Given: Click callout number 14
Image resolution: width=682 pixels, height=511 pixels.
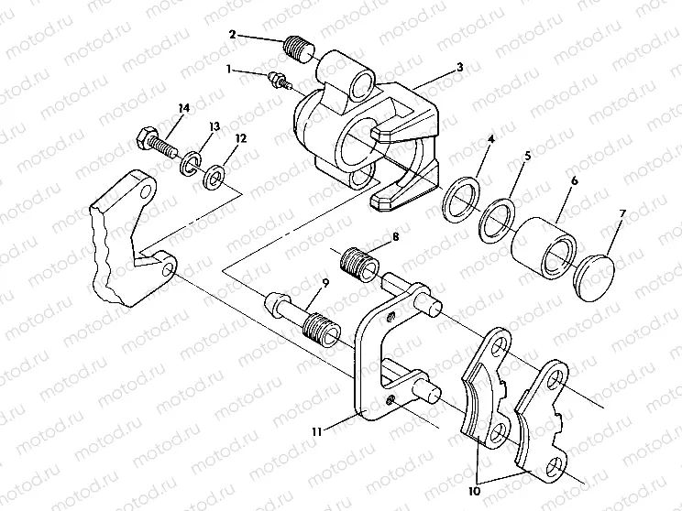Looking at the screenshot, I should point(183,108).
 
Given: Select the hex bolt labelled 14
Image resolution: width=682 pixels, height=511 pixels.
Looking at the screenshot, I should point(155,143).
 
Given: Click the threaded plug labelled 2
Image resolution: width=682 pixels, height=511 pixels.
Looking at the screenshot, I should point(299,45).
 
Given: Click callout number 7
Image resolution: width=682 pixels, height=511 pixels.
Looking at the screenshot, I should point(623,215).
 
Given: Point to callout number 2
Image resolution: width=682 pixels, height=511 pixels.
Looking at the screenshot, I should point(232,34).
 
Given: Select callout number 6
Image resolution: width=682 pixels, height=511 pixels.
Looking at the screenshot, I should point(574,182).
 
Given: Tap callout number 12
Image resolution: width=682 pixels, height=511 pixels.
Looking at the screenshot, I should point(241,139).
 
